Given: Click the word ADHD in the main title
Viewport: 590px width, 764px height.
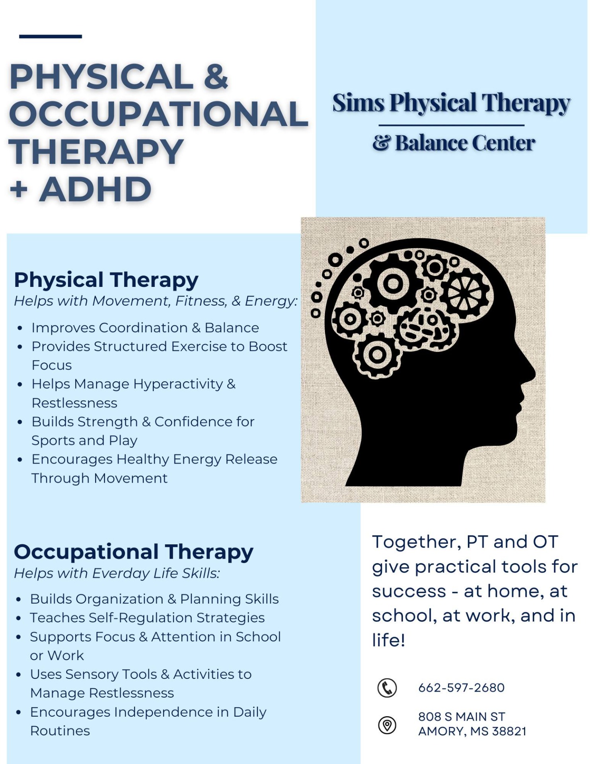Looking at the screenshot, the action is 95,189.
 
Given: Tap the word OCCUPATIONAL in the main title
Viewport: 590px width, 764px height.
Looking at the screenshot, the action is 158,114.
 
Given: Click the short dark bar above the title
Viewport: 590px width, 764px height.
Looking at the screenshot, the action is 51,37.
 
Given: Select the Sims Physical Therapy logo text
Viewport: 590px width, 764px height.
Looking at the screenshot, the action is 452,103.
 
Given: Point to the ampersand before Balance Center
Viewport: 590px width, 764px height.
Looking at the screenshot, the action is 382,143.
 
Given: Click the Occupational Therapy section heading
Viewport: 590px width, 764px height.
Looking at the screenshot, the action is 134,553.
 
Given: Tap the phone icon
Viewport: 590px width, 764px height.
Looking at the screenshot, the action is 387,688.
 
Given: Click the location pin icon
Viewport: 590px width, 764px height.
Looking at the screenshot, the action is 387,725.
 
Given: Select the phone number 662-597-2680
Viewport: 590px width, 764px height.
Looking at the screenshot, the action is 461,688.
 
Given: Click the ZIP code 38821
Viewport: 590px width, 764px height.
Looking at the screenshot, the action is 509,731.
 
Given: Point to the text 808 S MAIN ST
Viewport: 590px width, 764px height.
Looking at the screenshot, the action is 461,717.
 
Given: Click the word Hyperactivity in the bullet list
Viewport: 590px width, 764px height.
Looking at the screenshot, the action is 178,385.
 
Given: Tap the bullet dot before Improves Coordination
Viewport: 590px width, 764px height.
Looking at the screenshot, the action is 20,328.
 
